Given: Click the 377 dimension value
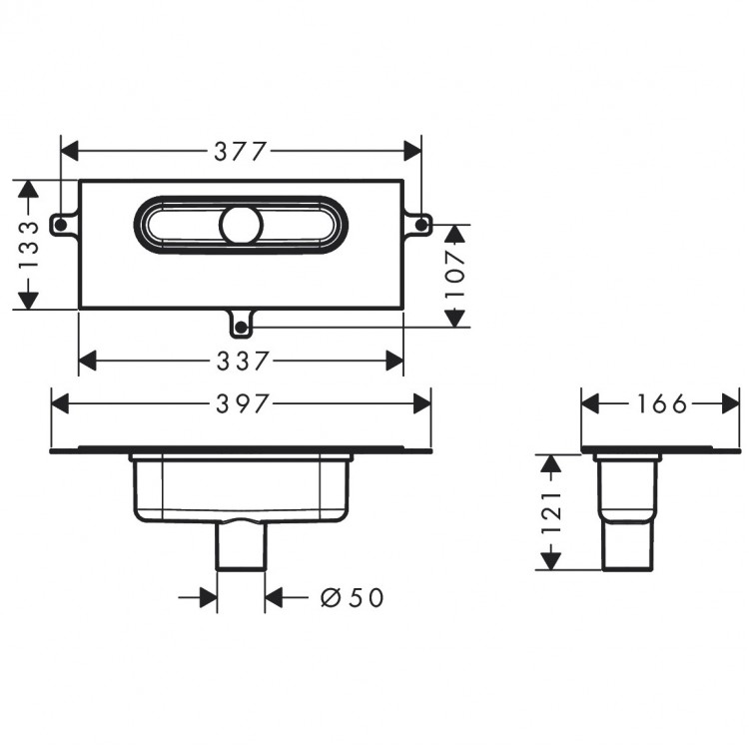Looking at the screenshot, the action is click(240, 151).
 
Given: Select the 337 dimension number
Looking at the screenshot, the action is click(243, 361).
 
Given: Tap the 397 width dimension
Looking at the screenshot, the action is click(243, 404).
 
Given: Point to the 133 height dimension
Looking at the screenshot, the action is click(28, 245).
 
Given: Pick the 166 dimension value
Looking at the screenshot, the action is click(661, 404).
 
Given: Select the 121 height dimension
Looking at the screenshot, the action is click(551, 511).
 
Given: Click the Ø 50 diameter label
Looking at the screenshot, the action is click(353, 597).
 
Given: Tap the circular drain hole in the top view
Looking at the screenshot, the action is click(242, 225).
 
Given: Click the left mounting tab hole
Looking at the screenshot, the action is click(61, 225).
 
